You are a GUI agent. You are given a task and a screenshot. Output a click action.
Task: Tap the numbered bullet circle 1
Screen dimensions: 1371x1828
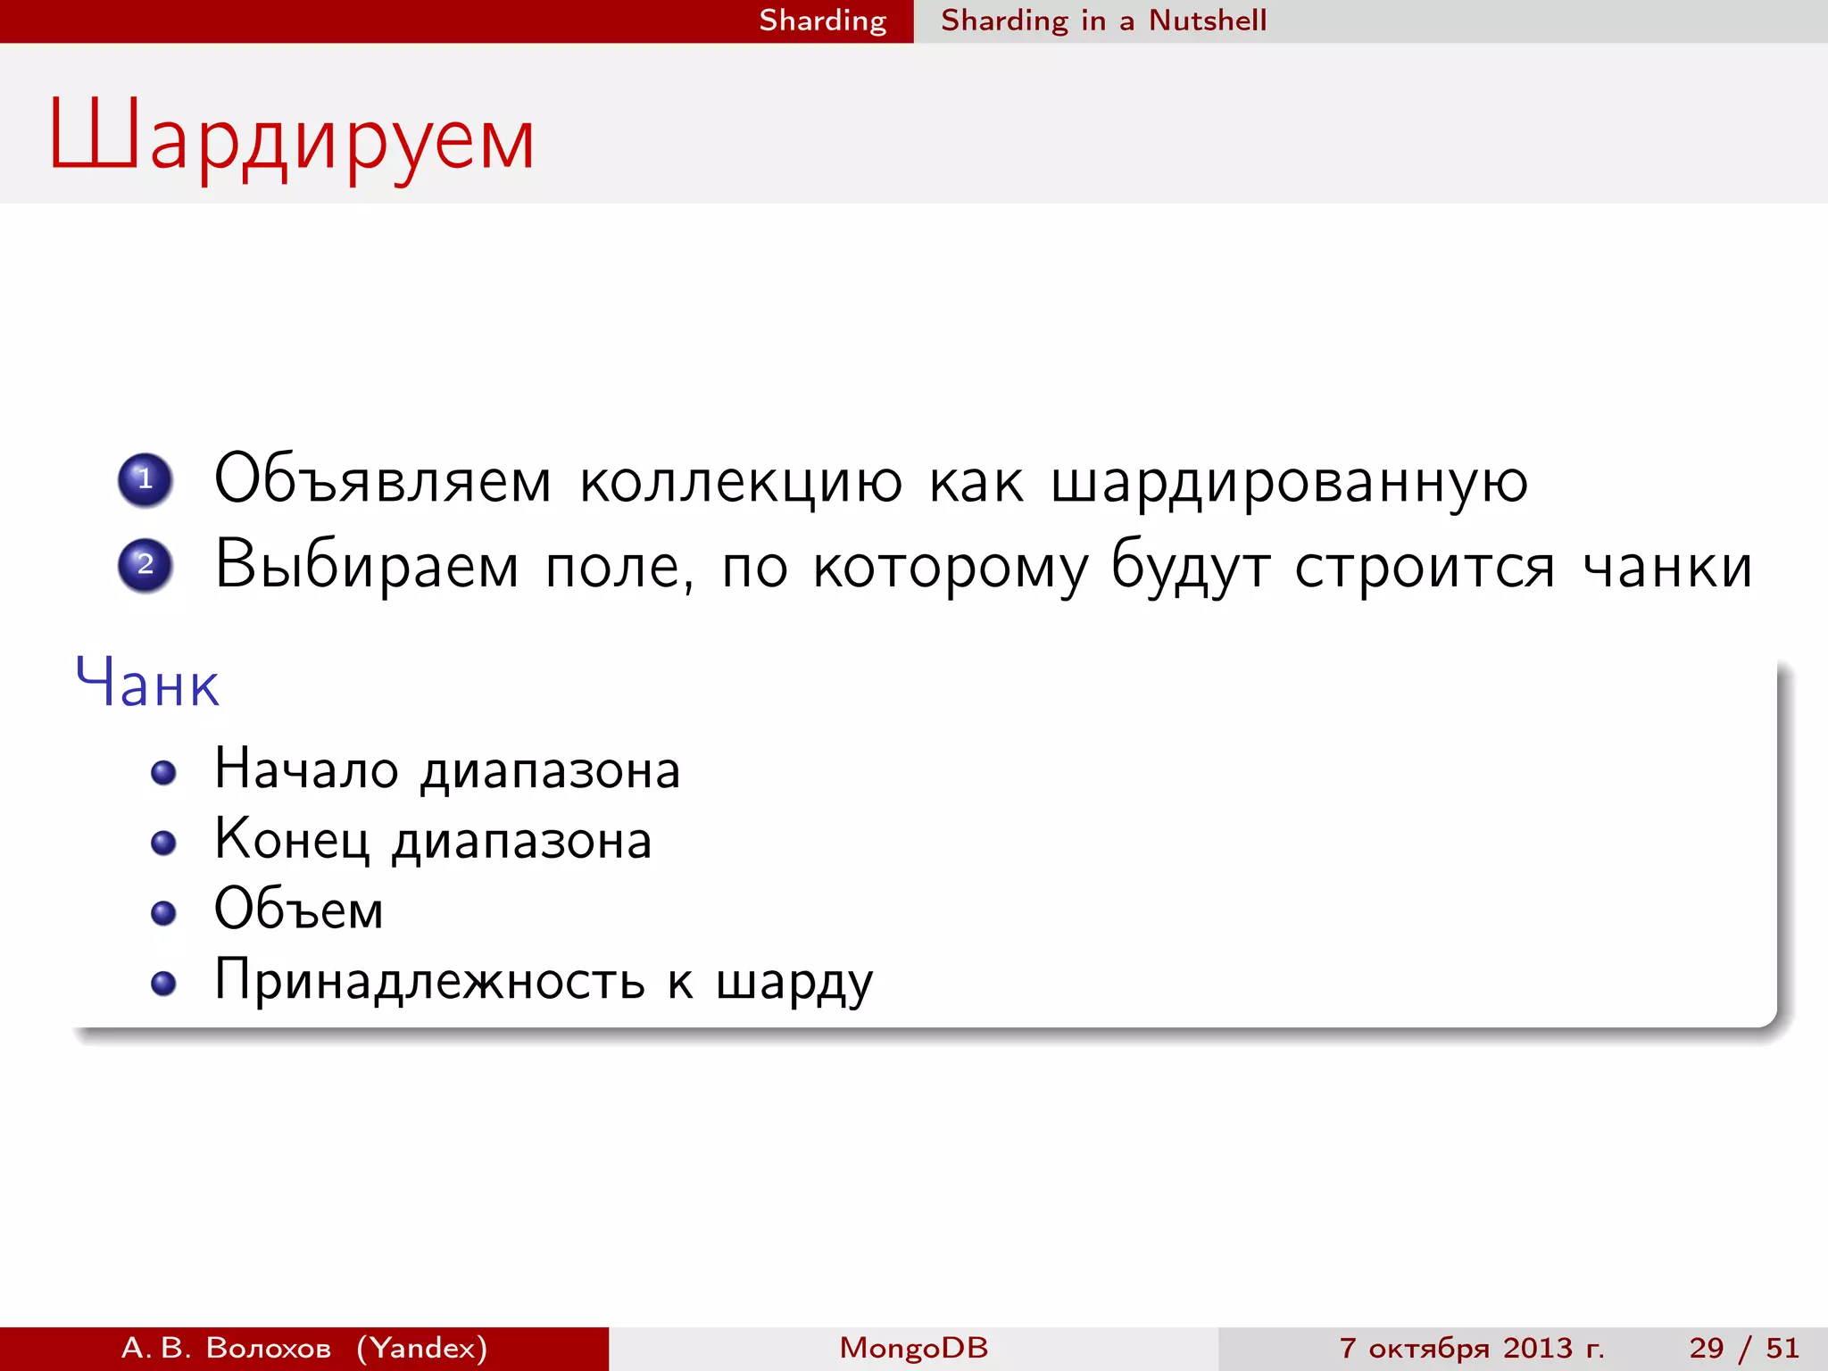[x=145, y=480]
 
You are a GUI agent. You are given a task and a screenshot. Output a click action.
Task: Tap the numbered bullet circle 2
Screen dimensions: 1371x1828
[x=145, y=565]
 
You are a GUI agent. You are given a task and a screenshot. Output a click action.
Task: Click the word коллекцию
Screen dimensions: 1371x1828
[x=741, y=482]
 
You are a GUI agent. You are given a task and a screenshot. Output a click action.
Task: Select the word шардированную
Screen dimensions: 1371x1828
[x=1289, y=484]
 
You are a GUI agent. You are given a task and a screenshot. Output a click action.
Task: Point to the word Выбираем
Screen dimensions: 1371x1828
[x=367, y=566]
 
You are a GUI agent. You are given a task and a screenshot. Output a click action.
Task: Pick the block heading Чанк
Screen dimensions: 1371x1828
[x=147, y=684]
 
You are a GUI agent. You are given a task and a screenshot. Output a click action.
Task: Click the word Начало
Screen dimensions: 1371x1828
[x=306, y=769]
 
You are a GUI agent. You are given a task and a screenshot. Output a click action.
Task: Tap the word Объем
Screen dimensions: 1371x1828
[x=299, y=910]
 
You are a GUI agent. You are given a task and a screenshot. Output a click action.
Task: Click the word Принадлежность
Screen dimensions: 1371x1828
[x=429, y=981]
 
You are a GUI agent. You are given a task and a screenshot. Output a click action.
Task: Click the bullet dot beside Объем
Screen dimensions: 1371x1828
[x=163, y=913]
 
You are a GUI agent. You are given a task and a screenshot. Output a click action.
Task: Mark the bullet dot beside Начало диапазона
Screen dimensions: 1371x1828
[x=163, y=772]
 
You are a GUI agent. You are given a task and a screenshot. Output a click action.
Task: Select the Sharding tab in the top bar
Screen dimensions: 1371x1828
[x=822, y=21]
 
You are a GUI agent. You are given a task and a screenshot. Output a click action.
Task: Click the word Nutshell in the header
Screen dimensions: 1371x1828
[x=1207, y=21]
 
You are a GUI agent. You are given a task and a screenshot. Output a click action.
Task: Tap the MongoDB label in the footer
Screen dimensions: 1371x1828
[x=913, y=1348]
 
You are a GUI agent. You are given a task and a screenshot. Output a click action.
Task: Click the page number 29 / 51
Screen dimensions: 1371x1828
[x=1743, y=1348]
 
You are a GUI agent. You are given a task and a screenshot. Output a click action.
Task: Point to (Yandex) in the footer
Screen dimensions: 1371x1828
[x=422, y=1348]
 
